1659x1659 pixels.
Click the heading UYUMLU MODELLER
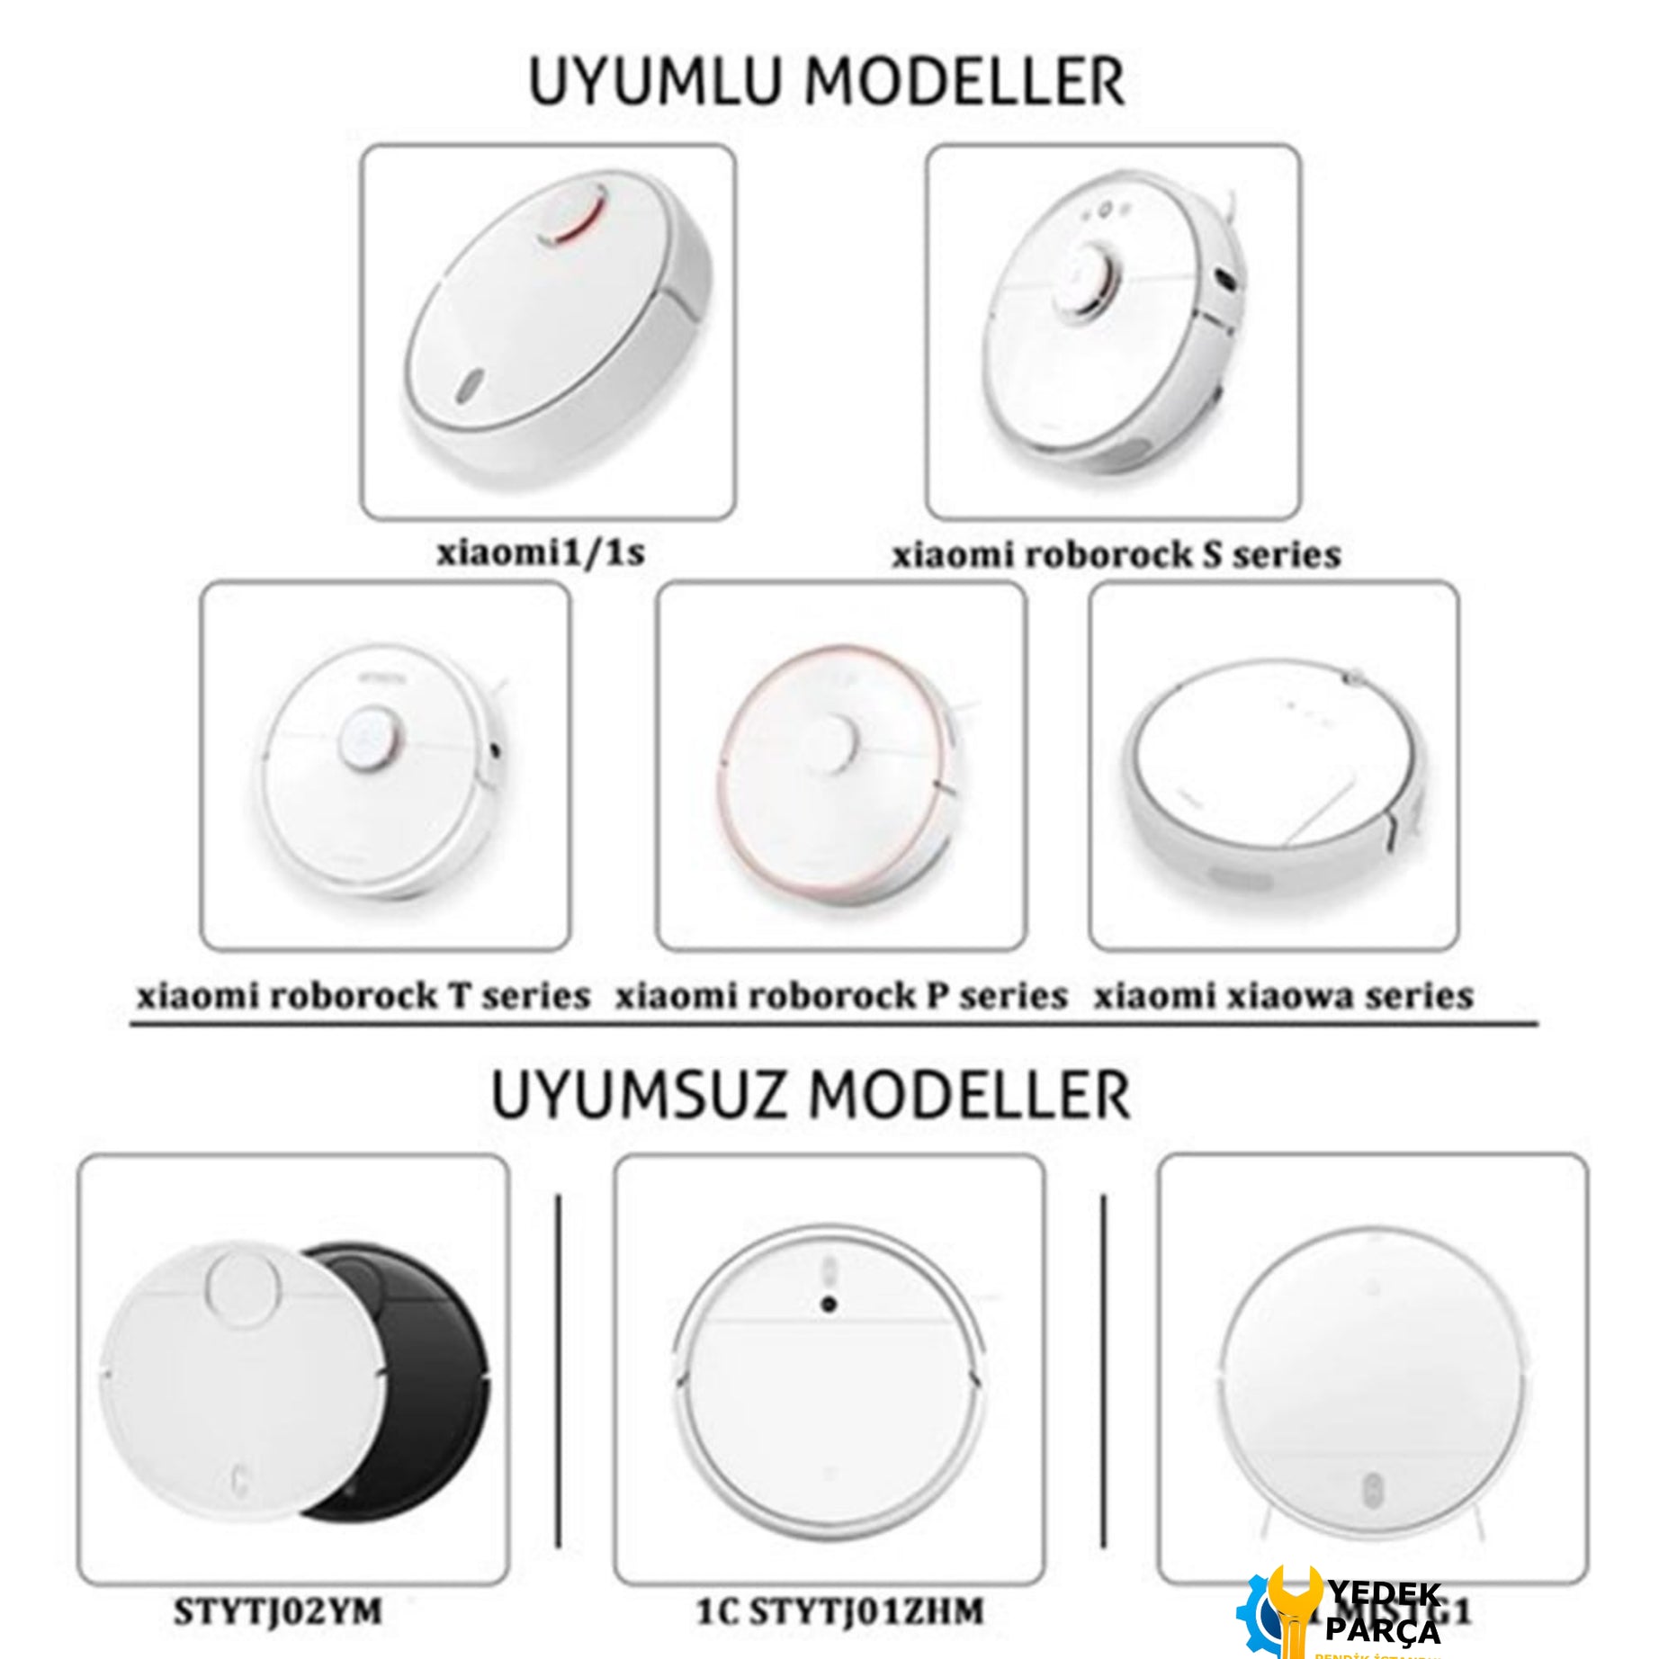click(x=826, y=82)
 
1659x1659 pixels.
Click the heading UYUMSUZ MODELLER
click(x=810, y=1096)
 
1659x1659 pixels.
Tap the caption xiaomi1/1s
click(x=541, y=552)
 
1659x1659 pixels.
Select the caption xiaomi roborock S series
click(x=1116, y=554)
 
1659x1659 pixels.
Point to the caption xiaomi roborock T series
click(x=363, y=995)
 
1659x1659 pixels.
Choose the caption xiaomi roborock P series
click(x=841, y=995)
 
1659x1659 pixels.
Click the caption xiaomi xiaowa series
click(x=1283, y=995)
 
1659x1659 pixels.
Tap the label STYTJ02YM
click(x=278, y=1610)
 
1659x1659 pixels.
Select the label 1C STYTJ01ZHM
click(x=839, y=1610)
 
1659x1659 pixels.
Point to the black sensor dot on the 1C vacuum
click(x=829, y=1304)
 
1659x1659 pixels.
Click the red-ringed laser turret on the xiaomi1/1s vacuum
click(x=571, y=214)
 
